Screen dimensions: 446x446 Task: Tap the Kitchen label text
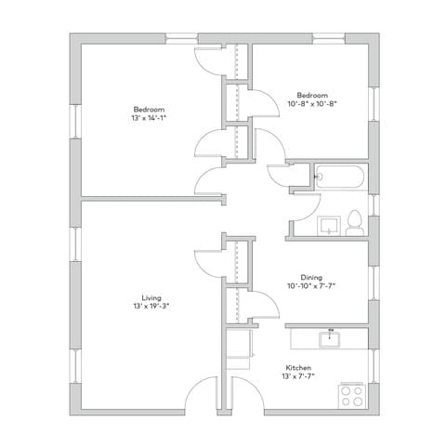(297, 369)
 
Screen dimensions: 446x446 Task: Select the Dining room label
(311, 277)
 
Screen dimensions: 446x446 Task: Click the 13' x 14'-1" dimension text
(150, 118)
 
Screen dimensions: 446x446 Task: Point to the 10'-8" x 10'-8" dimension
(311, 104)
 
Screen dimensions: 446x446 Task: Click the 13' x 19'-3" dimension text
(149, 306)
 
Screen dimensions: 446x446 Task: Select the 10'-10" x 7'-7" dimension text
(311, 285)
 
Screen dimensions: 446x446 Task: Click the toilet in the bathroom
(354, 224)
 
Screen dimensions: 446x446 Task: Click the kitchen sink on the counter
(326, 338)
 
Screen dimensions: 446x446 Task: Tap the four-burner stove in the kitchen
(351, 396)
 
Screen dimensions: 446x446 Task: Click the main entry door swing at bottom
(203, 395)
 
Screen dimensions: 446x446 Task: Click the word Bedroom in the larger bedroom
(150, 110)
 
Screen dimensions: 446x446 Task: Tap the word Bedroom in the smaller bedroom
(311, 96)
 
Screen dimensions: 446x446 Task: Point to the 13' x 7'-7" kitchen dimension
(297, 377)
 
